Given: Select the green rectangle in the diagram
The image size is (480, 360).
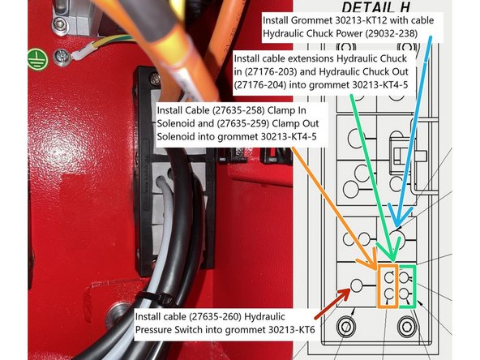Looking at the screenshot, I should click(405, 285).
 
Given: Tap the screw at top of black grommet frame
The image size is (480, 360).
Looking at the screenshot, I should click(152, 79).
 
